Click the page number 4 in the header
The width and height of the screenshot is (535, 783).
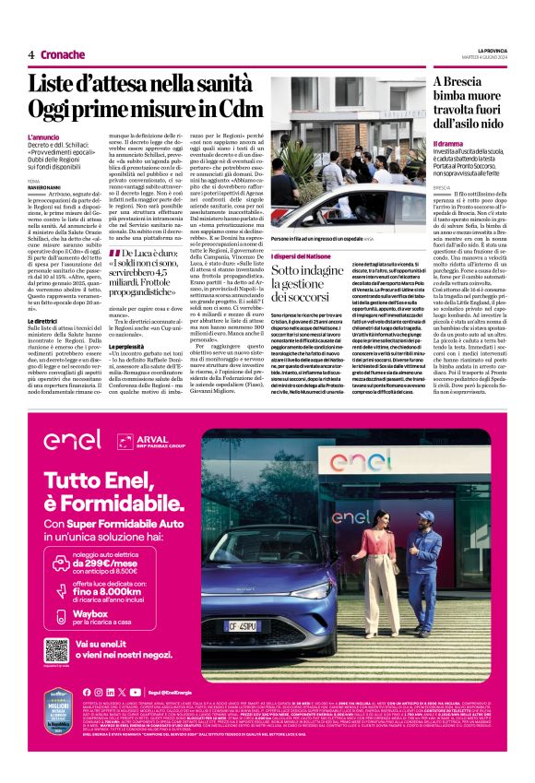31,54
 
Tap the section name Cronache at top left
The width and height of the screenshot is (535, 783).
61,54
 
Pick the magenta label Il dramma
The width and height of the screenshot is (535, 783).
448,144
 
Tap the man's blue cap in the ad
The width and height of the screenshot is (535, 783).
424,516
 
